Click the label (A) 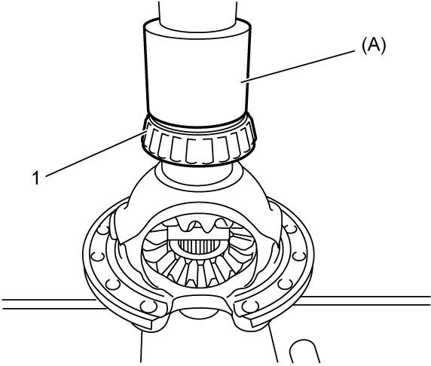[374, 45]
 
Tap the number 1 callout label [36, 178]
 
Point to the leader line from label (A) [298, 66]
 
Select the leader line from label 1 [96, 154]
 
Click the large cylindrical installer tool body [197, 75]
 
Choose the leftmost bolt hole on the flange [99, 258]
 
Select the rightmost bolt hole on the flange [299, 256]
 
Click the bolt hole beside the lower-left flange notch [149, 307]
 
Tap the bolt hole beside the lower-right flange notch [250, 306]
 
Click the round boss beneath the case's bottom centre [198, 313]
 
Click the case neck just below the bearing [198, 172]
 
